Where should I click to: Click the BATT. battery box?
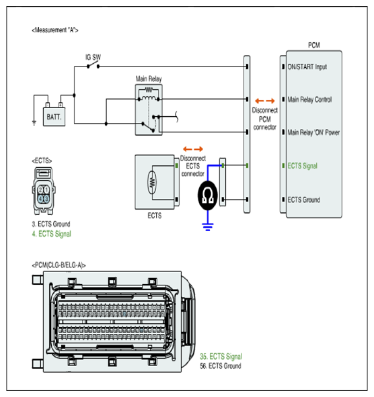[54, 116]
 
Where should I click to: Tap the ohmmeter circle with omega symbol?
[208, 195]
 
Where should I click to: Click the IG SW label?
[93, 58]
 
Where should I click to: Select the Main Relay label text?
[149, 79]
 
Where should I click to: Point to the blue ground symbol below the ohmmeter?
[208, 227]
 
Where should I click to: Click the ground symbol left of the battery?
[34, 124]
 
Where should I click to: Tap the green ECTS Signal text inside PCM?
[303, 166]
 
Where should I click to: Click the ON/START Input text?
[307, 67]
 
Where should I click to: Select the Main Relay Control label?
[309, 99]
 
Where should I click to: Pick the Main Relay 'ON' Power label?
[313, 132]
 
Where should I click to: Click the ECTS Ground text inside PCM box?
[304, 200]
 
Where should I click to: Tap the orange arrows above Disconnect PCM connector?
[265, 101]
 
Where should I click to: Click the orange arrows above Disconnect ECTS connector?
[193, 149]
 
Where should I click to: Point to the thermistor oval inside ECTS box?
[152, 183]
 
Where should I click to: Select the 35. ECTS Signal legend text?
[221, 357]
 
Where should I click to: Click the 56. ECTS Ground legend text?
[221, 366]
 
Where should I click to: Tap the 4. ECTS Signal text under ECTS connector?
[52, 234]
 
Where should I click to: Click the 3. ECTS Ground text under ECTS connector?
[51, 224]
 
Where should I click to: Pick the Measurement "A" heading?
[55, 30]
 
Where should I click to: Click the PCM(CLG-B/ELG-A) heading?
[59, 265]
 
